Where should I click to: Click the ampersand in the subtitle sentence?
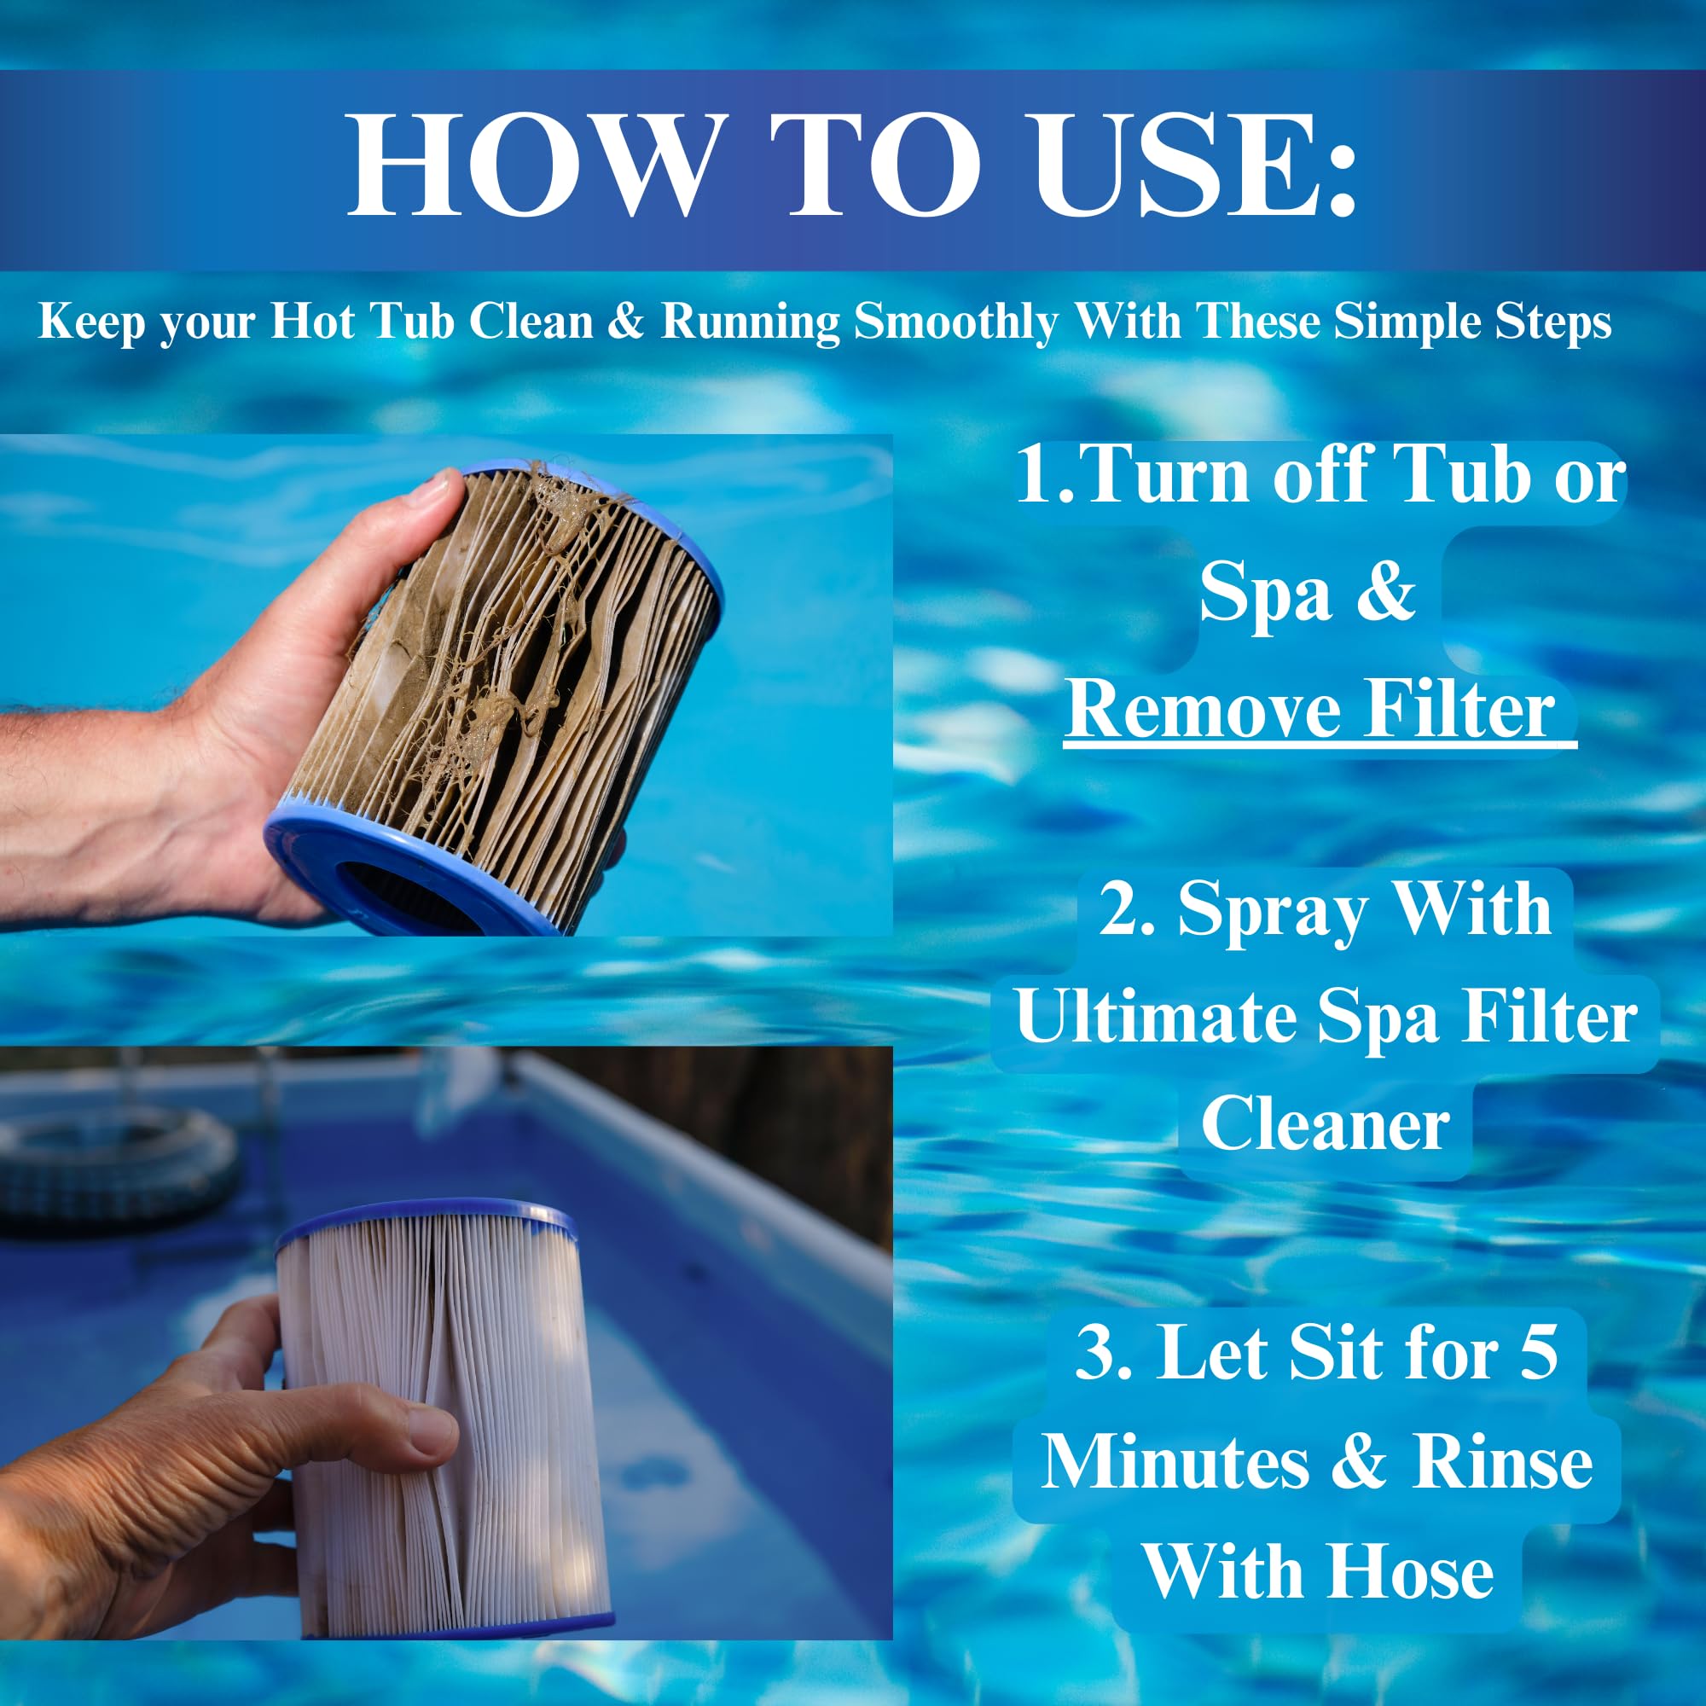[625, 322]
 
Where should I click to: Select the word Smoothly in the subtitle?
[956, 322]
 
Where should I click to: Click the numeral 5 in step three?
[1538, 1351]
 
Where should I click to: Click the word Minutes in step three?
[1175, 1462]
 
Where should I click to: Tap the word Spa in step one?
[1264, 593]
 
